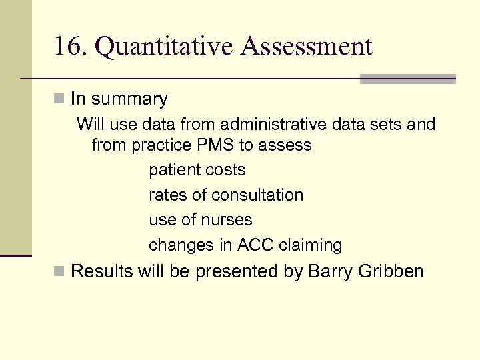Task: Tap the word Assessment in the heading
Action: [x=307, y=47]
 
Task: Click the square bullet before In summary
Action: [x=60, y=99]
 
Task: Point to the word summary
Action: [x=129, y=99]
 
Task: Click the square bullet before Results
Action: [x=60, y=271]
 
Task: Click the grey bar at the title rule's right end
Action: [x=407, y=79]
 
